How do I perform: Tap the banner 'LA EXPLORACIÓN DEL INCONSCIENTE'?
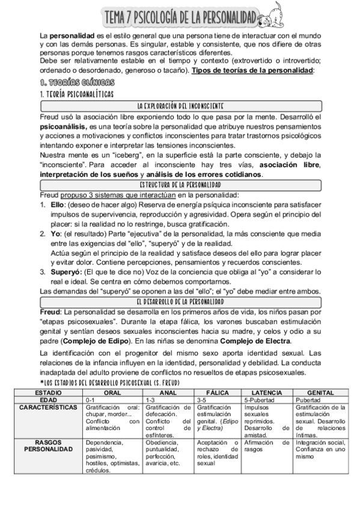(180, 106)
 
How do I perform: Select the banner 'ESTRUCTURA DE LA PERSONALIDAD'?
(180, 184)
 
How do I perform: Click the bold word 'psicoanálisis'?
(63, 128)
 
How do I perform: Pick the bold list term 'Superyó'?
(65, 271)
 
